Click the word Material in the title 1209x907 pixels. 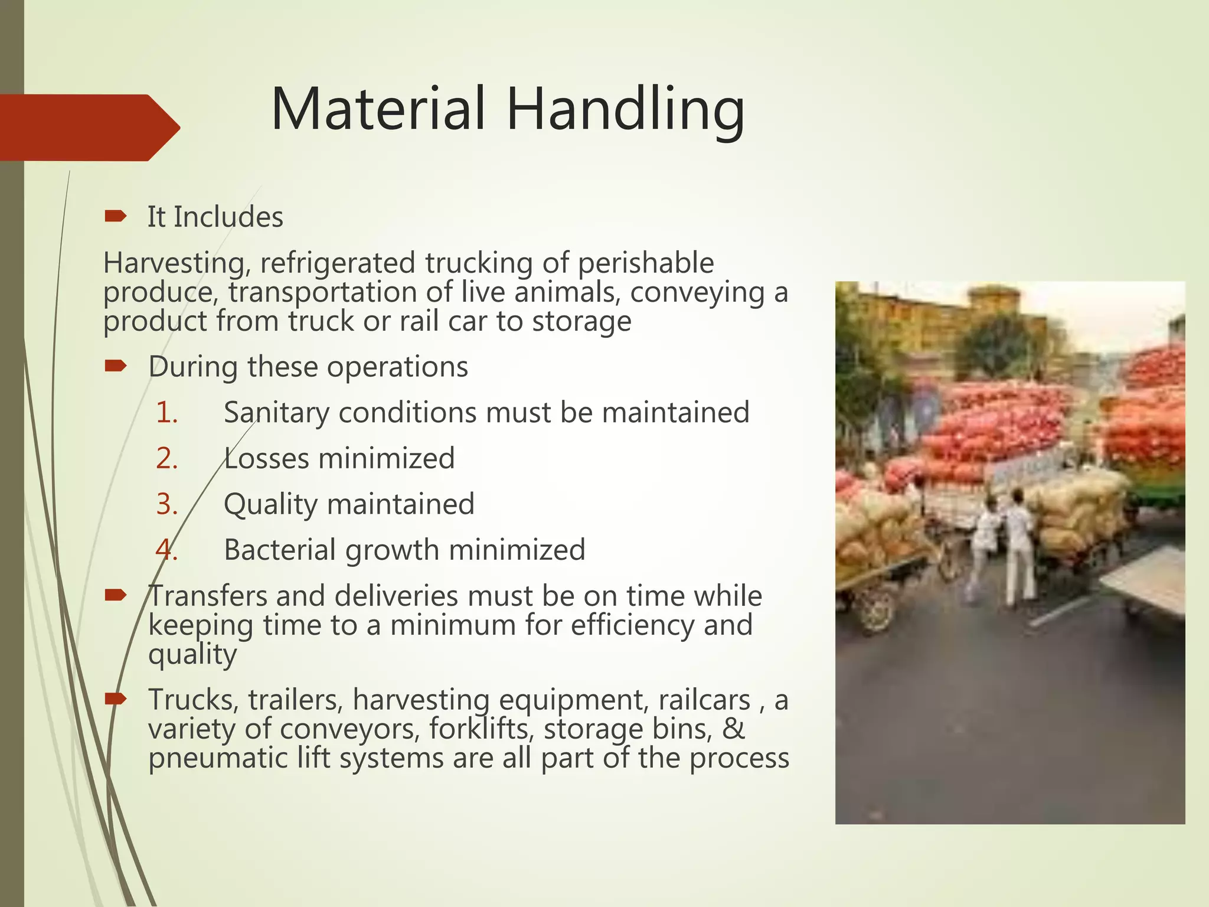tap(378, 109)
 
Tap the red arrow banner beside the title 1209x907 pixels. tap(89, 127)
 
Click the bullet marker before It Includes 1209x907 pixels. tap(115, 217)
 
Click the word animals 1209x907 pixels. tap(567, 292)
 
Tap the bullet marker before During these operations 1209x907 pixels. tap(115, 367)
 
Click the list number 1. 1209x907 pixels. tap(166, 413)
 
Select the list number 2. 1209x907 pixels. tap(166, 459)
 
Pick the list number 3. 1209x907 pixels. tap(166, 504)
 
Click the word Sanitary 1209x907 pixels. tap(276, 413)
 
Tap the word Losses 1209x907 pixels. tap(266, 459)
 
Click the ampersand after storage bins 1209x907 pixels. tap(733, 729)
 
